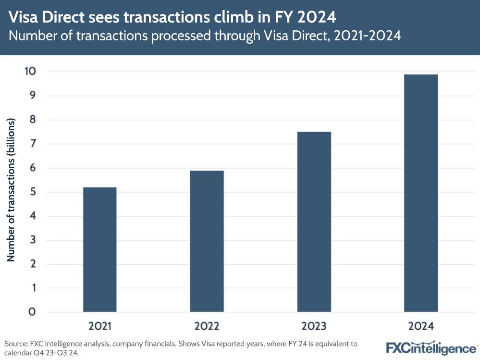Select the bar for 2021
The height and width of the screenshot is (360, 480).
pyautogui.click(x=100, y=249)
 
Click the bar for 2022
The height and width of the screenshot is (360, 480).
pyautogui.click(x=207, y=241)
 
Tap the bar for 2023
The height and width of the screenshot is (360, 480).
pyautogui.click(x=314, y=222)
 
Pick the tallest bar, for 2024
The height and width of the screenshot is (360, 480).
pyautogui.click(x=421, y=193)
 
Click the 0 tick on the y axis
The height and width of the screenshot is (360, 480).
pyautogui.click(x=32, y=312)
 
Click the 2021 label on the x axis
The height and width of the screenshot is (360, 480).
pyautogui.click(x=100, y=326)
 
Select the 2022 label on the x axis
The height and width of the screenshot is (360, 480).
pyautogui.click(x=207, y=326)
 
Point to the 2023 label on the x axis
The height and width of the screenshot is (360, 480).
pyautogui.click(x=314, y=326)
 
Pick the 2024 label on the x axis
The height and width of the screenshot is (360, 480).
pyautogui.click(x=421, y=326)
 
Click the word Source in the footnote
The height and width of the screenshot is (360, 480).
pyautogui.click(x=15, y=344)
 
